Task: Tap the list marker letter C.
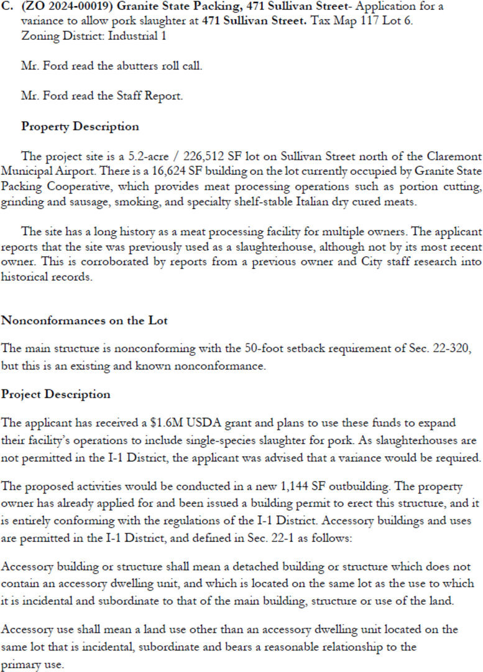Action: [x=8, y=7]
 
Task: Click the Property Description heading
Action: [x=80, y=126]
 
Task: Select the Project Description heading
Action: [x=55, y=394]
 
